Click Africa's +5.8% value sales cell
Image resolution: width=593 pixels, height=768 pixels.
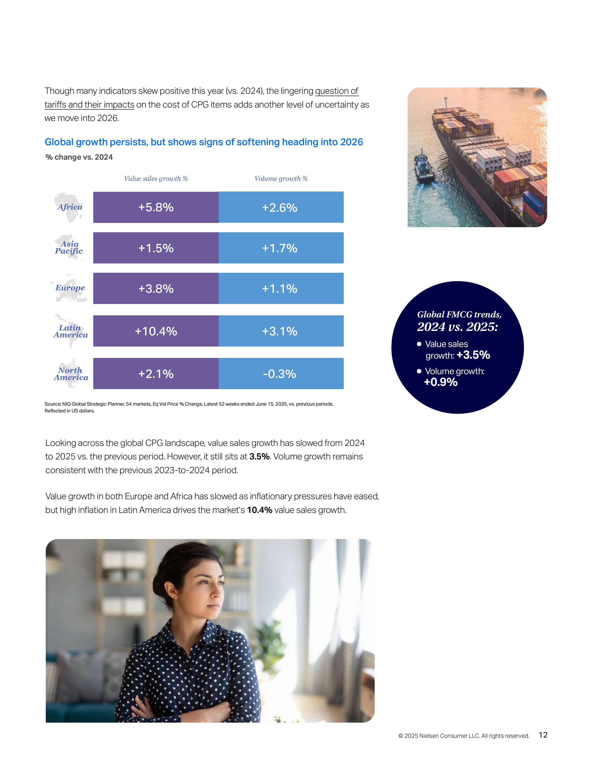coord(156,207)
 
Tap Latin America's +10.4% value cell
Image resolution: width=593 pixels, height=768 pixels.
coord(156,331)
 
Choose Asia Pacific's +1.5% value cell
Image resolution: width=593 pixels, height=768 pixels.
coord(156,248)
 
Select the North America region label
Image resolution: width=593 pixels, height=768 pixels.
coord(71,374)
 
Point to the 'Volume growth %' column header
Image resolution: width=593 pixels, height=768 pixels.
coord(281,179)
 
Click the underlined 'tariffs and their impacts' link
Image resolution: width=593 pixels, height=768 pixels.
coord(89,105)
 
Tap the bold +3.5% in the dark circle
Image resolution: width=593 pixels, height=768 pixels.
coord(473,355)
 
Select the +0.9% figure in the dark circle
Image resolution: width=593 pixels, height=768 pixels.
coord(441,382)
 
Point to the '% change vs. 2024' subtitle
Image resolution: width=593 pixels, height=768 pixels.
coord(79,157)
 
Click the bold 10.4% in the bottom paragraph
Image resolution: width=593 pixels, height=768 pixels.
coord(260,510)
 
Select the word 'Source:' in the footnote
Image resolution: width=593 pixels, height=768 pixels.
coord(53,404)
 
